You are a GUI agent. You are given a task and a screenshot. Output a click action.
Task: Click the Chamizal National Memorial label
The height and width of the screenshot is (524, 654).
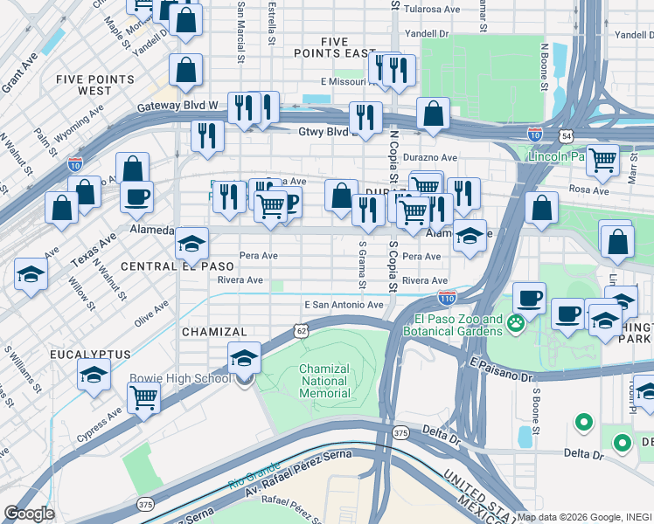coord(324,381)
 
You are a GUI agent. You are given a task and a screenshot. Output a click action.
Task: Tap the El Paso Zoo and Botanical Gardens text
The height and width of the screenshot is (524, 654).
coord(453,324)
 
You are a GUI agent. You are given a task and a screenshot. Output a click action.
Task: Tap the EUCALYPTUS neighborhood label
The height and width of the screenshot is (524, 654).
coord(90,355)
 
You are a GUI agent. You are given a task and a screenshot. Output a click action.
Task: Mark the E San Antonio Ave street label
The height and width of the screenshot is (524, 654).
coord(344,305)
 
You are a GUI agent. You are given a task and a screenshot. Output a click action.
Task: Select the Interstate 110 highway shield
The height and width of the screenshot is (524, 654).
coord(447,297)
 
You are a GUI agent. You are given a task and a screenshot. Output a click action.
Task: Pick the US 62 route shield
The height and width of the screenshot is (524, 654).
coord(302,331)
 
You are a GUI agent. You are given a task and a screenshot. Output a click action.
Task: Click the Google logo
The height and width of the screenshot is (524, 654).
coord(29,514)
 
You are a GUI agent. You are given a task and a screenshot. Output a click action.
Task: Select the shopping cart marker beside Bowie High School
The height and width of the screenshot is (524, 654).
coord(143,397)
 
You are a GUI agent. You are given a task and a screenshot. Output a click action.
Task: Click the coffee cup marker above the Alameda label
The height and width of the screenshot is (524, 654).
coord(136,196)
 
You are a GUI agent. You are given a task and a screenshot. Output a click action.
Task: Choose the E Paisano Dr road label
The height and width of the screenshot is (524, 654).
coord(500,368)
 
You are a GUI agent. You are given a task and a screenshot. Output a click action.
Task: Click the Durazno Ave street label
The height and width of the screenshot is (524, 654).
coord(430,158)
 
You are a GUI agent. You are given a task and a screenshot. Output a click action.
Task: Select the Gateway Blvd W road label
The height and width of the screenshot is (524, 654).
coord(177,107)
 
